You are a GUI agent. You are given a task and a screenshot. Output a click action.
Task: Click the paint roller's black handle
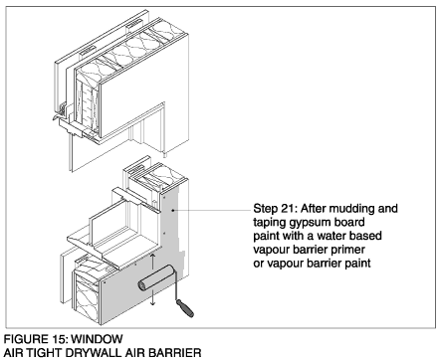(185, 308)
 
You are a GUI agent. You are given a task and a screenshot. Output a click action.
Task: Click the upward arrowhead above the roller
(152, 256)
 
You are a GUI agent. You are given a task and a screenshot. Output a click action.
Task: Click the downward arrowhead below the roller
(152, 303)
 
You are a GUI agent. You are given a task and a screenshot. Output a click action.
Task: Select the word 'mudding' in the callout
(350, 209)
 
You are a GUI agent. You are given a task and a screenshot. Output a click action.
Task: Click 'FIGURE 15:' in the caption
(36, 339)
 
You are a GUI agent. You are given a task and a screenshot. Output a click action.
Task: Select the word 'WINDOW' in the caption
(97, 339)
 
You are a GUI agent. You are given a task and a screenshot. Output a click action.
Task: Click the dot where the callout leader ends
(173, 210)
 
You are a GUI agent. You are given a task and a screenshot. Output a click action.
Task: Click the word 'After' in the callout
(313, 209)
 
